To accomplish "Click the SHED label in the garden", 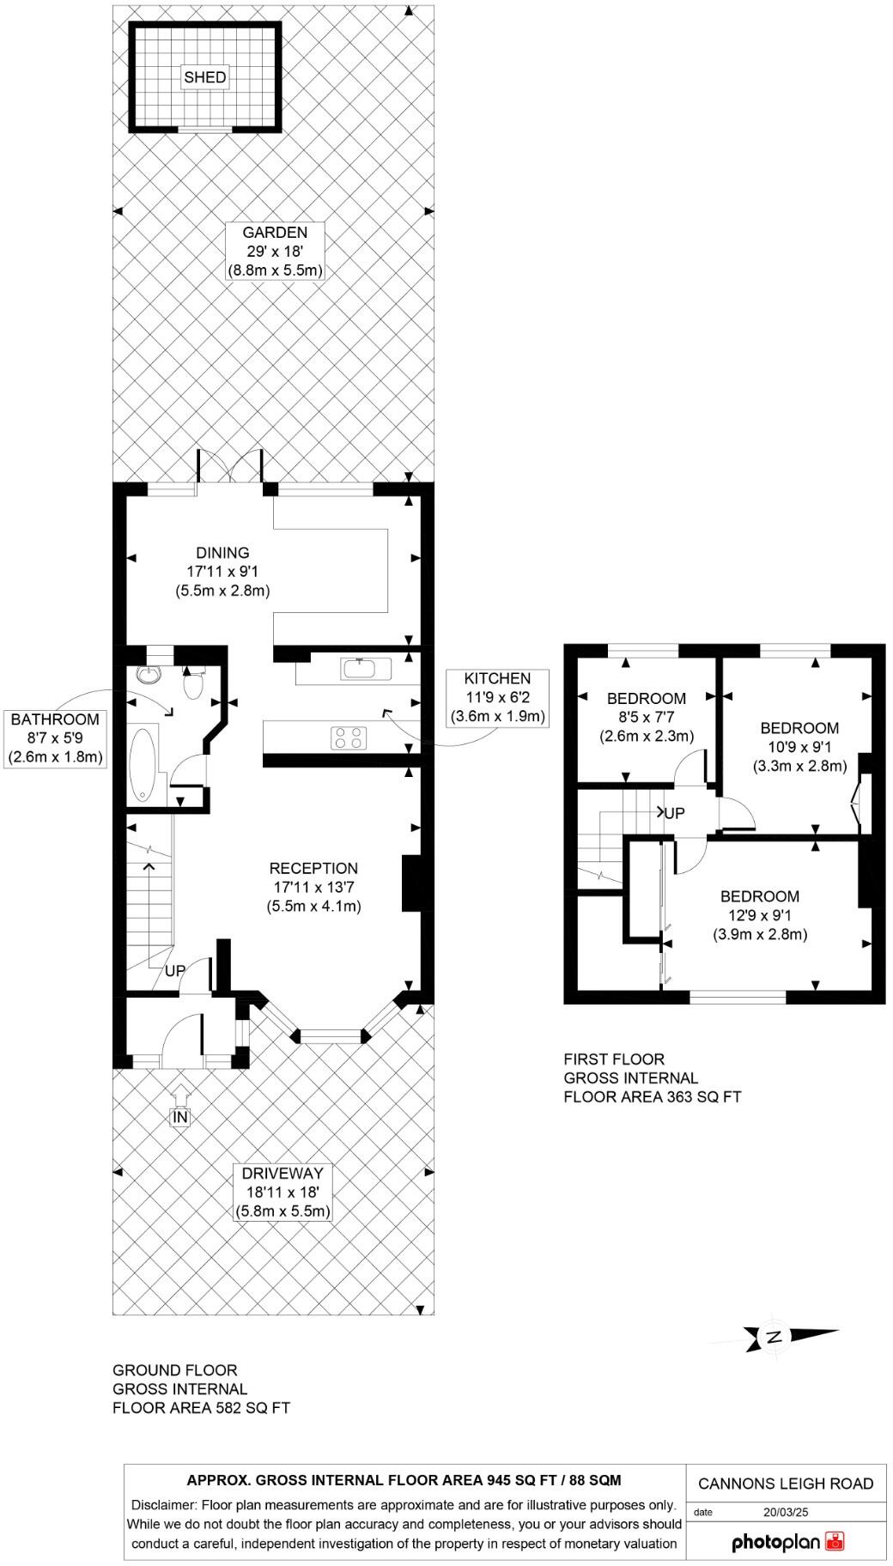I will (x=205, y=77).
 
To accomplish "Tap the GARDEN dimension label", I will (x=274, y=252).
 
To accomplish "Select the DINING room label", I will (x=222, y=572).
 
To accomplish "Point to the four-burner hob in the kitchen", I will (x=349, y=737).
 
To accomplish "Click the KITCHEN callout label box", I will (x=497, y=697).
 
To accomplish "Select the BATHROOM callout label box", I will (x=55, y=738).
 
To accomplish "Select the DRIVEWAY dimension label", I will (x=282, y=1192).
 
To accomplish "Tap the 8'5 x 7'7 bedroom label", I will (x=646, y=717).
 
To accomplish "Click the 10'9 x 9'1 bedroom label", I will (x=799, y=747).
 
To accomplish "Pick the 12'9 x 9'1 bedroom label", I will (x=759, y=915).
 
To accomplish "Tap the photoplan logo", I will (x=787, y=1542).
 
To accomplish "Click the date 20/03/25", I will (x=783, y=1513).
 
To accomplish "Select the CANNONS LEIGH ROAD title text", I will (x=785, y=1484).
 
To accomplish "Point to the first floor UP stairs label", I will (x=673, y=812).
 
